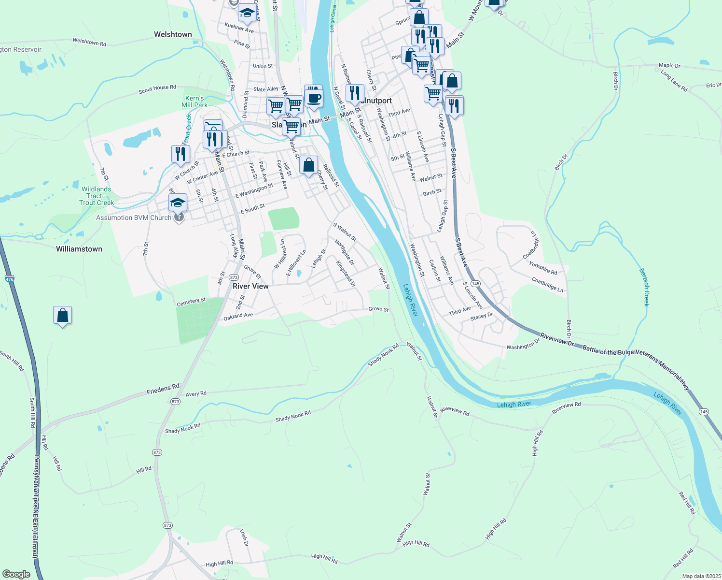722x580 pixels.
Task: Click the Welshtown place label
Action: pos(173,34)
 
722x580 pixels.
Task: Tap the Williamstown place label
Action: pos(79,249)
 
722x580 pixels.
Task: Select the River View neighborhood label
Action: pos(250,286)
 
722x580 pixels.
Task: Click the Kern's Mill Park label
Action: pos(194,101)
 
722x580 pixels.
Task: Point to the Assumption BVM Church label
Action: pos(134,218)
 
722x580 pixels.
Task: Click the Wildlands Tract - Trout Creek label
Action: pos(97,196)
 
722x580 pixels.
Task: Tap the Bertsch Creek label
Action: pos(644,287)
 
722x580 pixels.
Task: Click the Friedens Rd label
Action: pos(163,389)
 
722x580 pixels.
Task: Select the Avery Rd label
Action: pos(196,394)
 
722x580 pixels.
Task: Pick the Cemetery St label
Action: pos(191,302)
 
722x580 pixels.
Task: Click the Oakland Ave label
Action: pos(238,316)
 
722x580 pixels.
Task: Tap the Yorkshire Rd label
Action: pos(543,268)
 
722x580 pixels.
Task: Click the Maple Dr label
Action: pos(669,65)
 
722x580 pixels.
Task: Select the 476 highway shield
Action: pos(10,279)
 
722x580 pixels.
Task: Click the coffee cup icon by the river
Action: pos(314,98)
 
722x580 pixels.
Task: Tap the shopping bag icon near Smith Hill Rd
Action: pos(63,315)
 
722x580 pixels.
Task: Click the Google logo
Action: pos(16,574)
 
